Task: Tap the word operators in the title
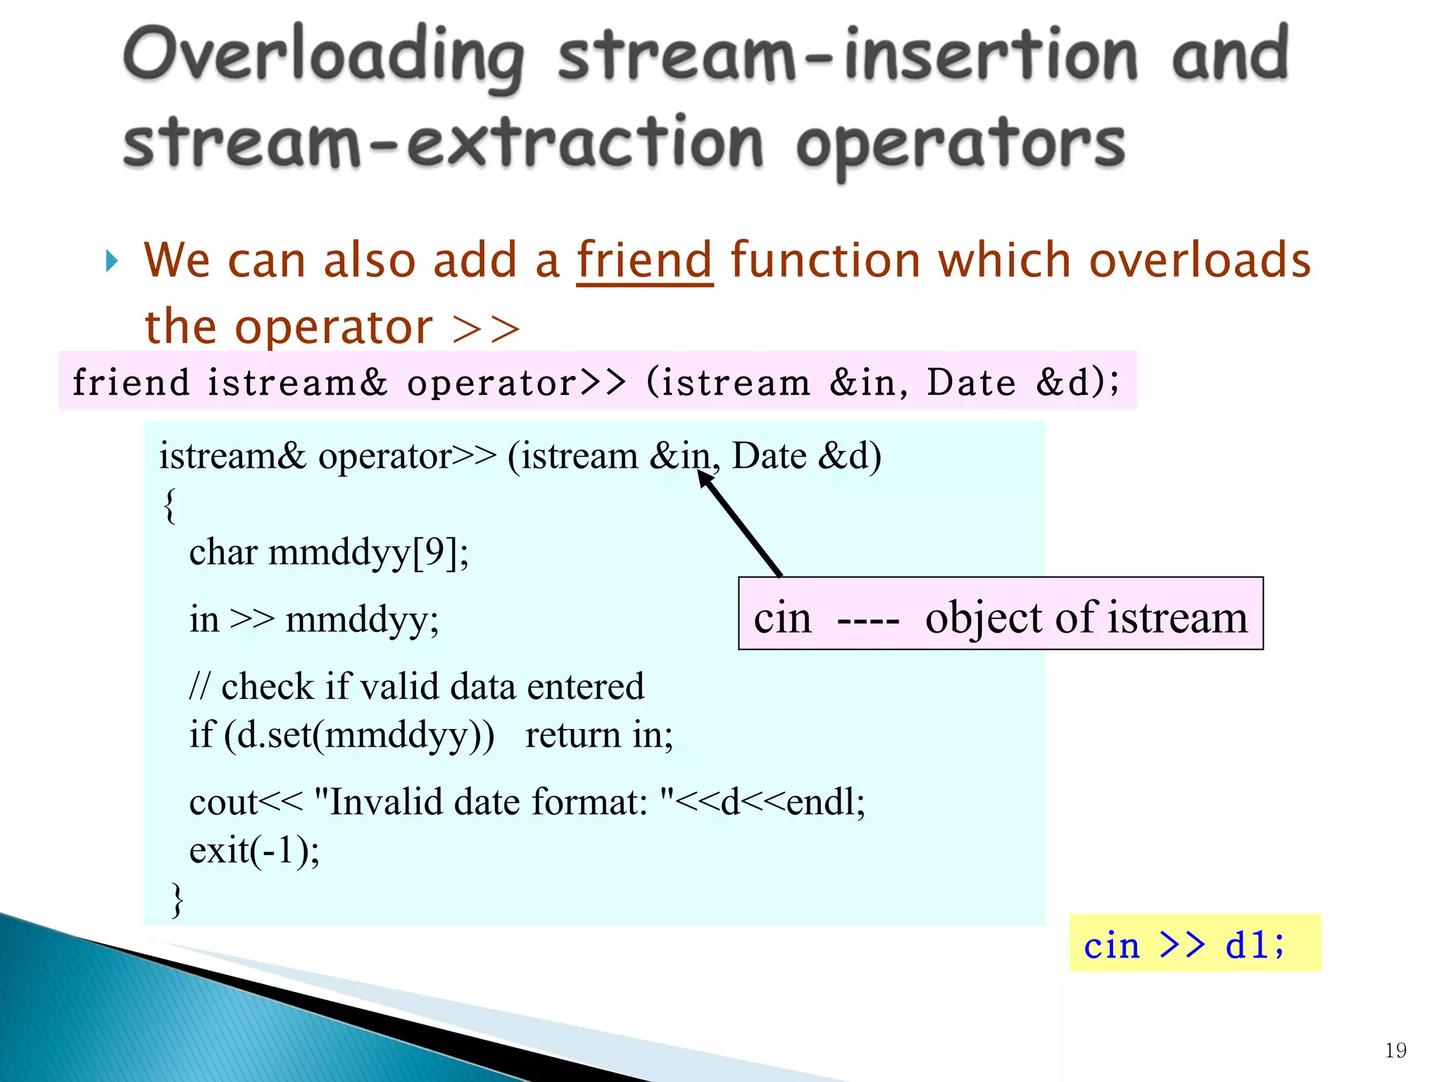961,144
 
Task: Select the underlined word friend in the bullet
644,261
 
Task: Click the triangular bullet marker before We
111,261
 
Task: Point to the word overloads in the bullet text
1200,261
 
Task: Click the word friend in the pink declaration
131,383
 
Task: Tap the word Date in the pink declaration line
971,383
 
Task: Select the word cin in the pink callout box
782,618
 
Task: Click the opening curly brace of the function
170,505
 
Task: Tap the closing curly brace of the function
177,900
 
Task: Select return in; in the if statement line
598,735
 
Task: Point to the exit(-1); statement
254,850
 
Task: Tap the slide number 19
1395,1050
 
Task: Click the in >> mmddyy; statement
314,619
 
